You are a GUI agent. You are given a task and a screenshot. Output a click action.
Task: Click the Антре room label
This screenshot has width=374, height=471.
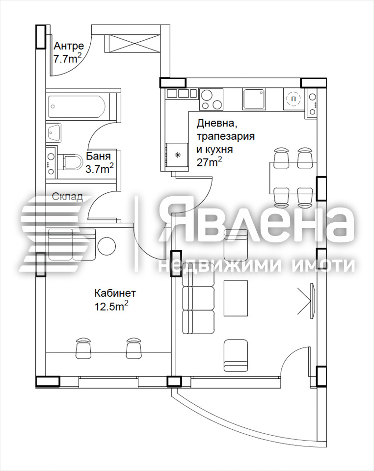pos(69,46)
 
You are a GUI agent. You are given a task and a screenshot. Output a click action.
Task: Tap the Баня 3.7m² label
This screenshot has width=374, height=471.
pos(100,162)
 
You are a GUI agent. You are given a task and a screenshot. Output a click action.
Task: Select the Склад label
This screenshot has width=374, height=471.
pos(67,197)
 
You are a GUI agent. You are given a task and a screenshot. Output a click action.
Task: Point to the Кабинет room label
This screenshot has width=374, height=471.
pos(115,293)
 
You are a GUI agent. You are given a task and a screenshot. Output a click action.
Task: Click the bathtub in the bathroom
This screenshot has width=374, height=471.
pos(77,106)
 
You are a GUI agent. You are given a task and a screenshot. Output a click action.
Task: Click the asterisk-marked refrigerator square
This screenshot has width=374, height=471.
pos(178,155)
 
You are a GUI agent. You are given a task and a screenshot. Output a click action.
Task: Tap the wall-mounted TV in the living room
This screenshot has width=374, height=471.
pos(313,300)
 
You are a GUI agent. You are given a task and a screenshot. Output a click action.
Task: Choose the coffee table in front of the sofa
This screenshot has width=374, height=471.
pos(236,298)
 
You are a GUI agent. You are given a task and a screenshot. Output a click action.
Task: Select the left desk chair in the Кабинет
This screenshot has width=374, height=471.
pos(83,347)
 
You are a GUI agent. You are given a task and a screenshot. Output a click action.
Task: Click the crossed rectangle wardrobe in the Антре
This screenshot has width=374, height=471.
pos(132,44)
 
